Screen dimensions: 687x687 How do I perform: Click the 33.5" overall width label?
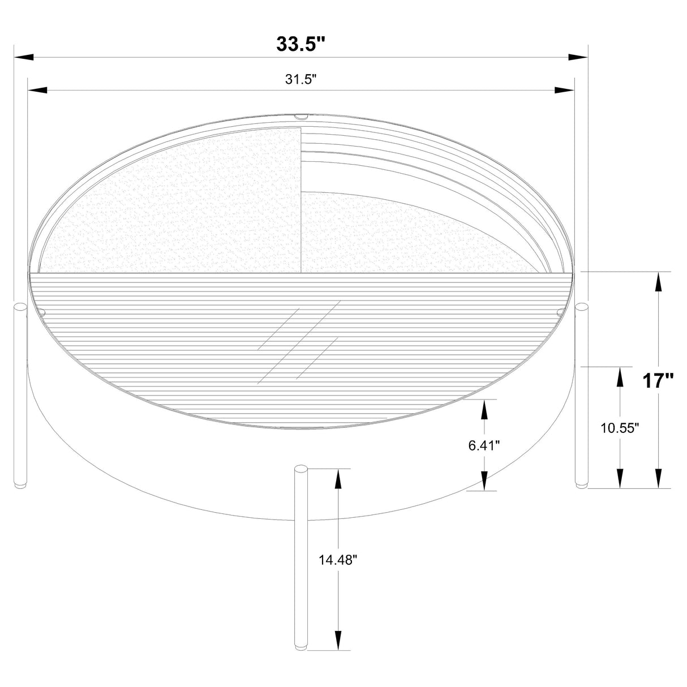(300, 44)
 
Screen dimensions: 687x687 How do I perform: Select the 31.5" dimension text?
(300, 79)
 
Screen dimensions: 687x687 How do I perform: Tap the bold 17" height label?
(658, 381)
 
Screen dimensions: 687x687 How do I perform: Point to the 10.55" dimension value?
(620, 428)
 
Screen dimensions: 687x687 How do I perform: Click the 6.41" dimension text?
(484, 445)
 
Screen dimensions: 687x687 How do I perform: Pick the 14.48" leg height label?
(338, 560)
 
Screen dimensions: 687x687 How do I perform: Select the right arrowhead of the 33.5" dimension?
(578, 57)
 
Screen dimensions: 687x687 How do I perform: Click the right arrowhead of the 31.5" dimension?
(565, 90)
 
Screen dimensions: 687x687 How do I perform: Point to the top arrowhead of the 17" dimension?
(658, 282)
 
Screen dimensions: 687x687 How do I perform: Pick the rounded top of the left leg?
(20, 307)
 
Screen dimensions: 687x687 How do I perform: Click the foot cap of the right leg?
(581, 484)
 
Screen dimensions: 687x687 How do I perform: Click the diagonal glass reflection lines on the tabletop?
(299, 342)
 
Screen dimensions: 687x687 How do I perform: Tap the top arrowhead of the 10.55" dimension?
(621, 376)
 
